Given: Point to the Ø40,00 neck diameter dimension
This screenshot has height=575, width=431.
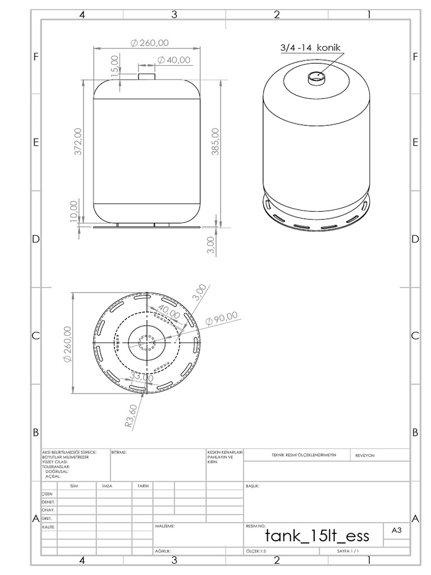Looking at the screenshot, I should [x=174, y=60].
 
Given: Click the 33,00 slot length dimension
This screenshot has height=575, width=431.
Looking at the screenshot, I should [x=141, y=377].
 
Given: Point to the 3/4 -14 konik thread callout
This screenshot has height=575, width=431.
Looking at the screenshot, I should [x=310, y=48].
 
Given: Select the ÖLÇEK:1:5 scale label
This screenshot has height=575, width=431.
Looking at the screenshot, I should [x=255, y=551].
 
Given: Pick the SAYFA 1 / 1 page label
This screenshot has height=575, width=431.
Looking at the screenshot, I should [x=348, y=551].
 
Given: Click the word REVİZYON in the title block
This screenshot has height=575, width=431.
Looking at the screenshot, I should [x=366, y=456].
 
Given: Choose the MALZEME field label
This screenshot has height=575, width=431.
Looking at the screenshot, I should [x=165, y=526].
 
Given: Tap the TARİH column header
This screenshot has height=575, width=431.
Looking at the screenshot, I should [x=143, y=486].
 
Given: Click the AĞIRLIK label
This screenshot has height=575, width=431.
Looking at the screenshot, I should [x=163, y=551].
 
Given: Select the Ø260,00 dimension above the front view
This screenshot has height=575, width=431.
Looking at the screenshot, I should [x=149, y=43].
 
